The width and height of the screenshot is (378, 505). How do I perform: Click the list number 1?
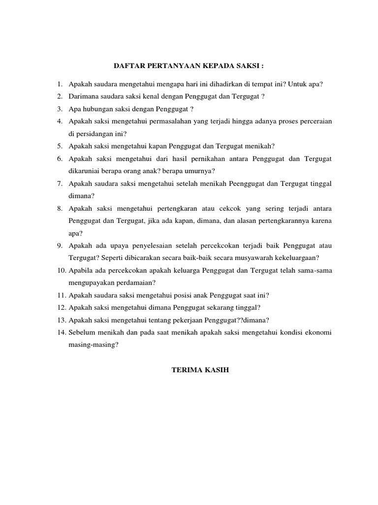pyautogui.click(x=59, y=84)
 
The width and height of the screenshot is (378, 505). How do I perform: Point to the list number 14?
pyautogui.click(x=61, y=333)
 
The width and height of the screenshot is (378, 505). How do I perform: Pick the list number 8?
pyautogui.click(x=59, y=208)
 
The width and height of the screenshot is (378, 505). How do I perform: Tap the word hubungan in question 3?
pyautogui.click(x=94, y=108)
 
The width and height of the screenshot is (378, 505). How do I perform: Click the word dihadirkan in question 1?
pyautogui.click(x=231, y=84)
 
